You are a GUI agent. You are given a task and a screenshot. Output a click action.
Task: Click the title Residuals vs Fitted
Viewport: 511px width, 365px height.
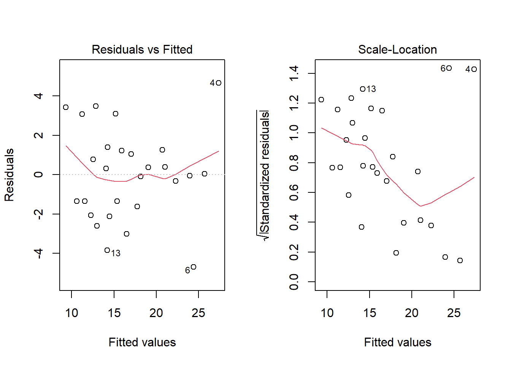click(142, 49)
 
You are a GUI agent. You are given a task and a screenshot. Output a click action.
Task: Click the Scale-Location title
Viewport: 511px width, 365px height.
click(397, 49)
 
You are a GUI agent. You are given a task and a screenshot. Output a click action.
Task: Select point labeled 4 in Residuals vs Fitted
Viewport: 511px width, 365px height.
click(218, 83)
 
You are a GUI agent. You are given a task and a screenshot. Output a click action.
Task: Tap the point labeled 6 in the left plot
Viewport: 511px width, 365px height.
click(194, 267)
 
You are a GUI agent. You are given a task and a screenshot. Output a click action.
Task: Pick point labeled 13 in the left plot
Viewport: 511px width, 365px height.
click(107, 250)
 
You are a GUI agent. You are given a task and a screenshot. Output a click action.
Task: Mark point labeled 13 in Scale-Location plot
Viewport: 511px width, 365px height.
click(363, 89)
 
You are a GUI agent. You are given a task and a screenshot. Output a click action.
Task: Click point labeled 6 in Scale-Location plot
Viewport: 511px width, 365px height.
click(449, 68)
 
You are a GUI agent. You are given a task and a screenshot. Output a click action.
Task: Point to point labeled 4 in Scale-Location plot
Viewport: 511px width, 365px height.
click(474, 69)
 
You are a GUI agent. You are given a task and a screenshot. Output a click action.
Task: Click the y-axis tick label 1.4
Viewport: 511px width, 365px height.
click(294, 73)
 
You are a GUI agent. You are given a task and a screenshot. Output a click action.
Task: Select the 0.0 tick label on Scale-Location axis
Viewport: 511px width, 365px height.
click(294, 282)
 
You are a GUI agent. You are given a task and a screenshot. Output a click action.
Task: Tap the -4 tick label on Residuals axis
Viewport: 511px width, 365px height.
click(38, 253)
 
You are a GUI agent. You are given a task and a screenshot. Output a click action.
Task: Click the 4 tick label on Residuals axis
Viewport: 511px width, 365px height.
click(38, 96)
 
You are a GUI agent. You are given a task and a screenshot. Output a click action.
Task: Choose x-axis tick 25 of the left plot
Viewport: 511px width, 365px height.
click(198, 313)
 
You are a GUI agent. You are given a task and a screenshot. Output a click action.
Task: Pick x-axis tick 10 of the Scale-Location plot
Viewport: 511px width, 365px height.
click(327, 313)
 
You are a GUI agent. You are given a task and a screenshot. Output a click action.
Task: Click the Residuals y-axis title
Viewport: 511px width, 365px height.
click(9, 175)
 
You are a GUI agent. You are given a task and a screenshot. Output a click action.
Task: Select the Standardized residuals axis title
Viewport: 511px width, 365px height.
click(264, 175)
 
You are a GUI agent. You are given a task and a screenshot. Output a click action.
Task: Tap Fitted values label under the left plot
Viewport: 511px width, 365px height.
click(142, 342)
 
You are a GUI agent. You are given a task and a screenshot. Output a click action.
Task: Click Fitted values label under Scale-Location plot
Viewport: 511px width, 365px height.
click(397, 342)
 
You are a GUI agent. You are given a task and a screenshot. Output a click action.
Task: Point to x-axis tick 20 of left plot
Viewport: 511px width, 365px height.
click(156, 313)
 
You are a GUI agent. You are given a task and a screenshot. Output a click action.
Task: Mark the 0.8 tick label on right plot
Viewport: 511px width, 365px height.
click(294, 163)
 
